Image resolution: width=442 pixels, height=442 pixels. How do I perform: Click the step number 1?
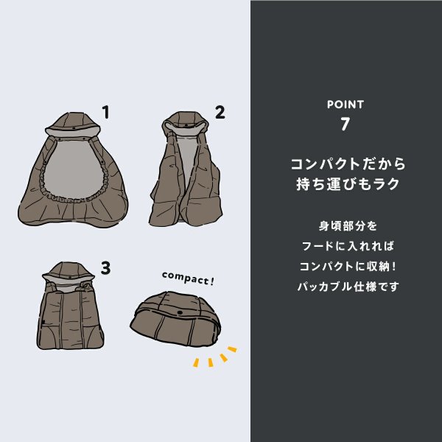click(106, 113)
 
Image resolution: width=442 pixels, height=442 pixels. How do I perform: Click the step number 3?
click(106, 269)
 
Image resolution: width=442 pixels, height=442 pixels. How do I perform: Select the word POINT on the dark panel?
click(345, 105)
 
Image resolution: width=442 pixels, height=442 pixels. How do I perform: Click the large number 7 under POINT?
click(345, 124)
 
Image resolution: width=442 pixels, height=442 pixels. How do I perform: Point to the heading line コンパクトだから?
click(345, 163)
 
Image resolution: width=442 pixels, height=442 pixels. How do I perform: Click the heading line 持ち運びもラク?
click(345, 184)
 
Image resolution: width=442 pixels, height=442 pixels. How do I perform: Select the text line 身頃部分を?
click(345, 225)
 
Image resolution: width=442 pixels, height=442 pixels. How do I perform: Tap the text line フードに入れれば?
click(345, 245)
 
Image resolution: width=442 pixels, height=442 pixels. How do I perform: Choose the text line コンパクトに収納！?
click(345, 266)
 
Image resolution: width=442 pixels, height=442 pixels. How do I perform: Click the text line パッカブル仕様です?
click(345, 287)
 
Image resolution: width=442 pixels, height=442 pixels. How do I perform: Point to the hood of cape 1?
click(74, 122)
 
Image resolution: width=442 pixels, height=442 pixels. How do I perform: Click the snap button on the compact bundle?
click(182, 315)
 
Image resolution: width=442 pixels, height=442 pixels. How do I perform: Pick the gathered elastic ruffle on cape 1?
click(74, 194)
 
